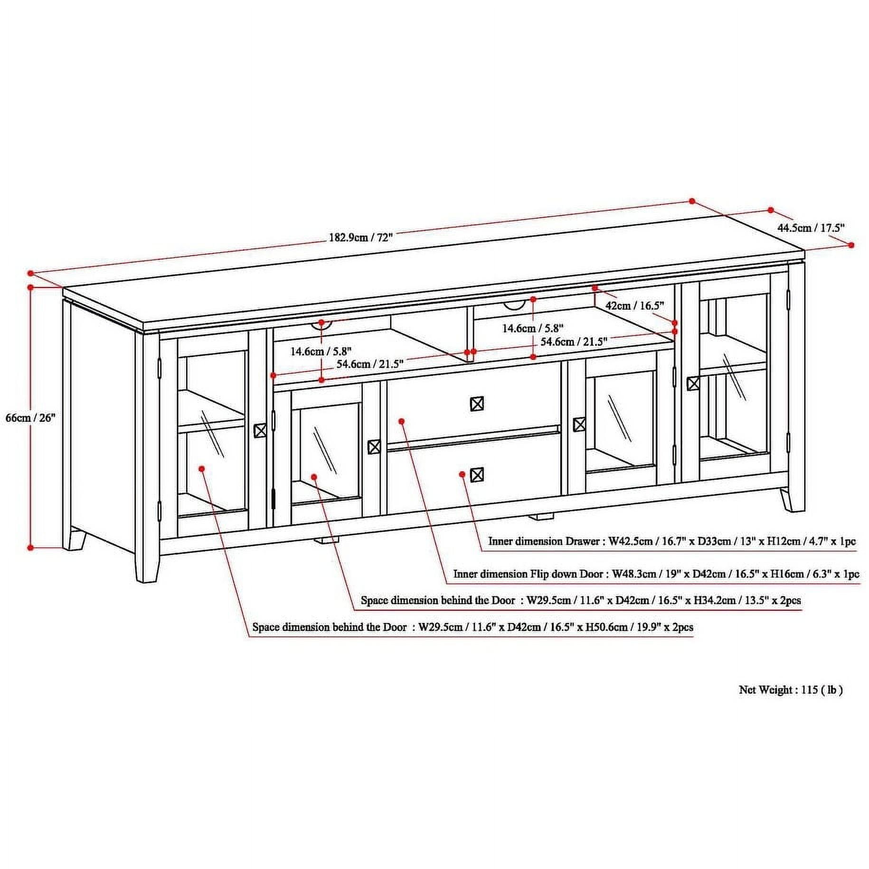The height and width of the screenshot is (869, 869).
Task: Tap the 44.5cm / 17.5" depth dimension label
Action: (x=811, y=227)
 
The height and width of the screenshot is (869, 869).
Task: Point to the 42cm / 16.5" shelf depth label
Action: (x=634, y=305)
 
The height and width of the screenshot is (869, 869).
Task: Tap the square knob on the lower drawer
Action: (x=477, y=474)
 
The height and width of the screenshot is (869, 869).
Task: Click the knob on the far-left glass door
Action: (x=260, y=431)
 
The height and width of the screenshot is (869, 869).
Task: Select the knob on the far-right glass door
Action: (x=693, y=383)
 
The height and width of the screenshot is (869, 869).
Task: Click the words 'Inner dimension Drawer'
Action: (x=544, y=541)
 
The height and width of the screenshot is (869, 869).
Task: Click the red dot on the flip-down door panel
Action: (x=401, y=421)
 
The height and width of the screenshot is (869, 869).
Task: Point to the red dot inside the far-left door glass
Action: (x=202, y=468)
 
